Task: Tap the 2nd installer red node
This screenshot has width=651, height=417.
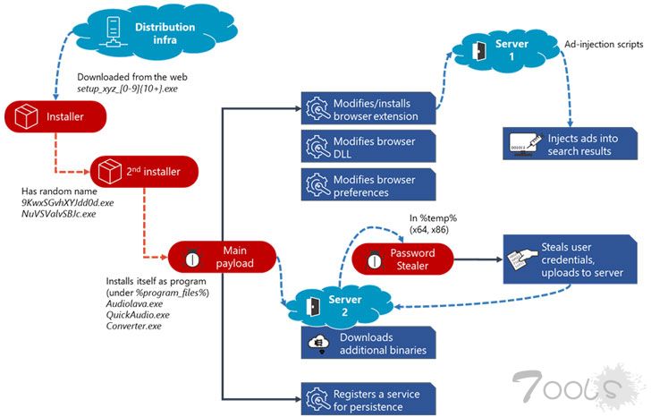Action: pyautogui.click(x=144, y=170)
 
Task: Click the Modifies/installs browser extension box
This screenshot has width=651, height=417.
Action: pyautogui.click(x=368, y=109)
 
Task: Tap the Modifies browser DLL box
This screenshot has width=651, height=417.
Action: pyautogui.click(x=368, y=147)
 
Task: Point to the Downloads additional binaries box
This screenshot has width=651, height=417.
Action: pyautogui.click(x=368, y=344)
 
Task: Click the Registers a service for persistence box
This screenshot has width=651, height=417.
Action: pyautogui.click(x=368, y=395)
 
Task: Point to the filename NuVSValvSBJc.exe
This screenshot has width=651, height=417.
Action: pyautogui.click(x=62, y=215)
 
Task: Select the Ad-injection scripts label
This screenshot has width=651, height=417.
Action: pyautogui.click(x=603, y=44)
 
